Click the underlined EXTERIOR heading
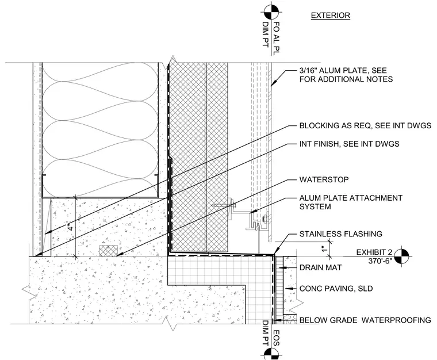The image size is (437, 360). coord(330,16)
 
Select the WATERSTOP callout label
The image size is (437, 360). coord(324,179)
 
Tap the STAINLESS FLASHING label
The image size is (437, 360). coord(340,234)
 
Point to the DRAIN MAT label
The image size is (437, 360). coord(320,268)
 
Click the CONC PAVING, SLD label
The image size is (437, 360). coord(336,288)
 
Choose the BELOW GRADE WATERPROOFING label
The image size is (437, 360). coord(365,320)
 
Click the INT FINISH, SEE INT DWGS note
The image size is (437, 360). coord(349,144)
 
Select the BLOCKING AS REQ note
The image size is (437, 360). coord(365,126)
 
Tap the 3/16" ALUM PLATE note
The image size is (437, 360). coord(346,75)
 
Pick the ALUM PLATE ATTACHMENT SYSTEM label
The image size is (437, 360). coord(351,202)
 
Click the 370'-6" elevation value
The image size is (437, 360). coord(380,261)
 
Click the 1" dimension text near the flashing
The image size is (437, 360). coord(324,248)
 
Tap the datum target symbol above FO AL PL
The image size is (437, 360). coord(271,12)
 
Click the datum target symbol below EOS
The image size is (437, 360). coord(271,352)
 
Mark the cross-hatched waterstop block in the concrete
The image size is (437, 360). coord(109,251)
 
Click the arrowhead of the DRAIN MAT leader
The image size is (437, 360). coord(282,267)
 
